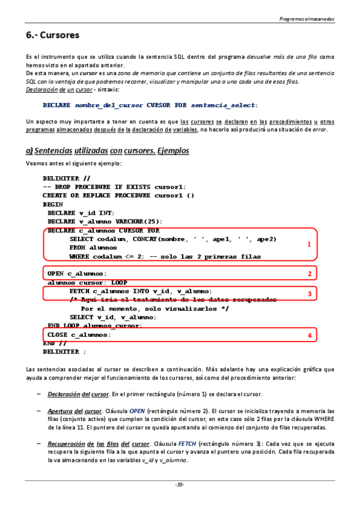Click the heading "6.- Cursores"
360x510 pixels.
pyautogui.click(x=53, y=35)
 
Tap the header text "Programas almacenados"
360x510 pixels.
pyautogui.click(x=307, y=19)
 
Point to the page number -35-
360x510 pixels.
pyautogui.click(x=180, y=485)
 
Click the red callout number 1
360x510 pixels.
pyautogui.click(x=309, y=245)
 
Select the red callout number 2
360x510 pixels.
pyautogui.click(x=309, y=274)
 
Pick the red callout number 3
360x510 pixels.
pyautogui.click(x=309, y=293)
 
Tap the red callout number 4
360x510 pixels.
pyautogui.click(x=309, y=336)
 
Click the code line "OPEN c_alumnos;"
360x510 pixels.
pyautogui.click(x=77, y=274)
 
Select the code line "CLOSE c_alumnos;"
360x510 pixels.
pyautogui.click(x=79, y=334)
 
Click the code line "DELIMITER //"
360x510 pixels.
pyautogui.click(x=67, y=179)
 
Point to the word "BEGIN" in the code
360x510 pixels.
pyautogui.click(x=53, y=204)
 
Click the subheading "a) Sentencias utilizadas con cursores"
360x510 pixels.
pyautogui.click(x=108, y=150)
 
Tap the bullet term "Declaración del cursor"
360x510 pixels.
pyautogui.click(x=77, y=394)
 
